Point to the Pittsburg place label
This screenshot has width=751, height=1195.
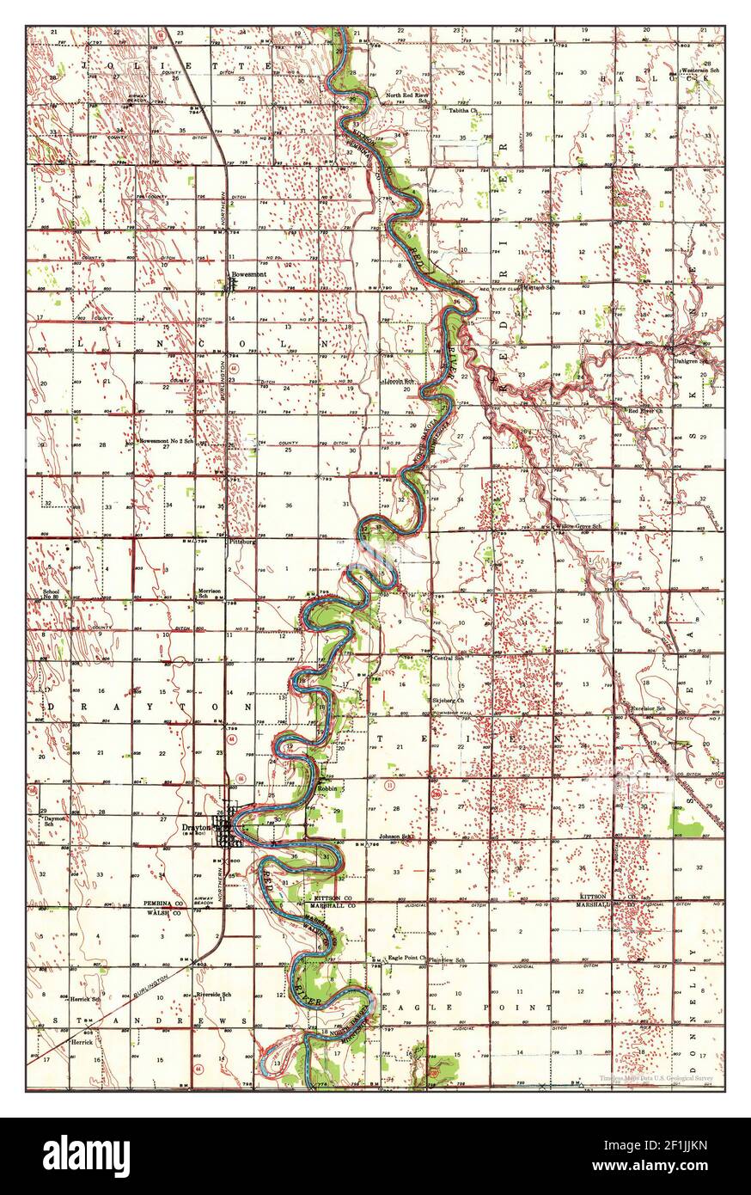tap(242, 542)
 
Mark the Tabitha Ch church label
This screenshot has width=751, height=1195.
tap(463, 111)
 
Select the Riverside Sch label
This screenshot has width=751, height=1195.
tap(214, 995)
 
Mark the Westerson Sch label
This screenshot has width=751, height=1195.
tap(704, 70)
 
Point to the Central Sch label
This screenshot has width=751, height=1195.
tap(449, 659)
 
